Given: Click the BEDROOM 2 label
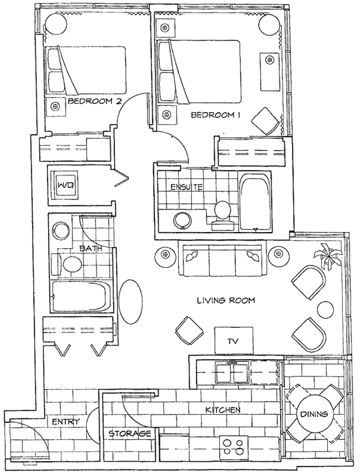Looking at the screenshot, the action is click(x=95, y=101).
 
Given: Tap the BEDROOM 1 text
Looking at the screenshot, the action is click(x=216, y=115).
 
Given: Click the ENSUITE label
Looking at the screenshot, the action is click(x=187, y=187).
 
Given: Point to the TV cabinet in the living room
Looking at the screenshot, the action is click(x=234, y=341).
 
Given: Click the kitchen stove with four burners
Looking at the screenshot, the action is click(x=233, y=447).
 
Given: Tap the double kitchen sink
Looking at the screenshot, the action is click(x=232, y=373).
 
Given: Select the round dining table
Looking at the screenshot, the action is click(x=314, y=414).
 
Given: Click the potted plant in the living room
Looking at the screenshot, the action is click(x=328, y=257).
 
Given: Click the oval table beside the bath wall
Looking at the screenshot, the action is click(x=130, y=302).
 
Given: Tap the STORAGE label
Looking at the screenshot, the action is click(x=130, y=433).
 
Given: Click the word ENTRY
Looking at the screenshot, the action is click(x=66, y=422).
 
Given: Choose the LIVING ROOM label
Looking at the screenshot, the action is click(x=226, y=301).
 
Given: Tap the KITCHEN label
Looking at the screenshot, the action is click(x=223, y=410).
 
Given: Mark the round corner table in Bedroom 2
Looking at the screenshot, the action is click(x=56, y=24).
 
